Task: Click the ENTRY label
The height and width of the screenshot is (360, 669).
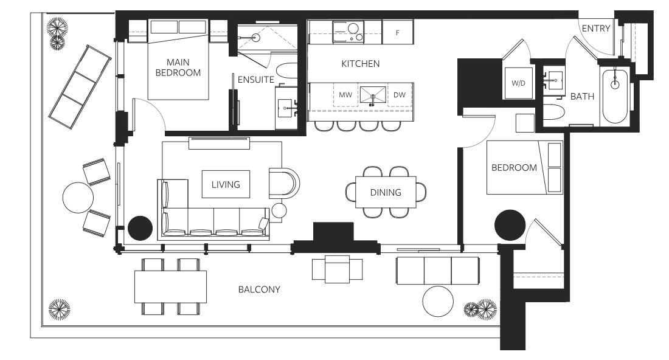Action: tap(595, 29)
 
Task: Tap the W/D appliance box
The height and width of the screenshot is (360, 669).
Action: tap(518, 83)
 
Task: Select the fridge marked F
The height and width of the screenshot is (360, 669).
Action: tap(398, 32)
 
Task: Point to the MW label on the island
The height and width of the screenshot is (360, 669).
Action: tap(345, 95)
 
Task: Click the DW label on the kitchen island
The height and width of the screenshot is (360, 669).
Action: tap(400, 95)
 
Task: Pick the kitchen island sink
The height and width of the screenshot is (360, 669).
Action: tap(372, 95)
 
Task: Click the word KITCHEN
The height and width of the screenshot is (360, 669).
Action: tap(361, 64)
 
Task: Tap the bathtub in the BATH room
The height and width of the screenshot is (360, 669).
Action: tap(615, 97)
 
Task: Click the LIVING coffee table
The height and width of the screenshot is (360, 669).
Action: tap(226, 184)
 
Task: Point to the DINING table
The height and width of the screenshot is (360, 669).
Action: tap(386, 192)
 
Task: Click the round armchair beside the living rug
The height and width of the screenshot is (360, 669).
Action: tap(284, 183)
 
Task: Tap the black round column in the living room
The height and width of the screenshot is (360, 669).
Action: tap(140, 228)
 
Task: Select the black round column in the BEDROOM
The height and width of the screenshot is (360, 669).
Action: tap(510, 225)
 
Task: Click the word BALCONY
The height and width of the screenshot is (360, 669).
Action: tap(259, 289)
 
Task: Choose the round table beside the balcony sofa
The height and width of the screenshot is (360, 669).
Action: tap(438, 301)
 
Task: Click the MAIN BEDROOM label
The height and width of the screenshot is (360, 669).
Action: tap(178, 67)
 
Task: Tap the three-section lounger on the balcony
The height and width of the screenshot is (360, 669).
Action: tap(80, 87)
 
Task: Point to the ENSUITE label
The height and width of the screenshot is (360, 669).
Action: tap(255, 80)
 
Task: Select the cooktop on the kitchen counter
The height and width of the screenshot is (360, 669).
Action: tap(348, 32)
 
